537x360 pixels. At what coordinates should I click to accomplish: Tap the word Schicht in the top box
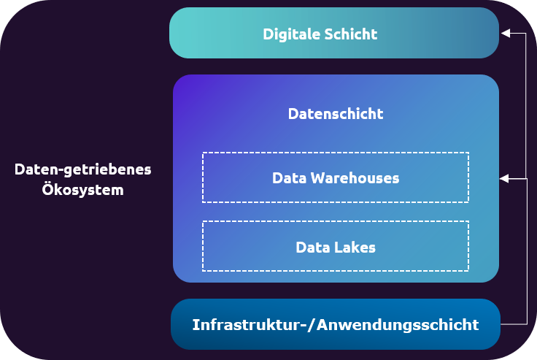352,34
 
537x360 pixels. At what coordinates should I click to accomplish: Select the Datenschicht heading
336,114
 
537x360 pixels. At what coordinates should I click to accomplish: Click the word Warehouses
355,177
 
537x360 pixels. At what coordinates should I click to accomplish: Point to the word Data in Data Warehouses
290,177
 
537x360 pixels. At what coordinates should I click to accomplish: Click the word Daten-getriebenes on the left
82,169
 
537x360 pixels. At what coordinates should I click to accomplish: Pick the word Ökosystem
82,191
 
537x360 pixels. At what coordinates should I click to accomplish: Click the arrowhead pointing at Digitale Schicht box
504,34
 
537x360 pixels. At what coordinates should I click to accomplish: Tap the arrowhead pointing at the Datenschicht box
504,177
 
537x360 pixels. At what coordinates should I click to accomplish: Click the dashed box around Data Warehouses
336,155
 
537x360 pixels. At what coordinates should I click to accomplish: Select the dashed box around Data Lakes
336,223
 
